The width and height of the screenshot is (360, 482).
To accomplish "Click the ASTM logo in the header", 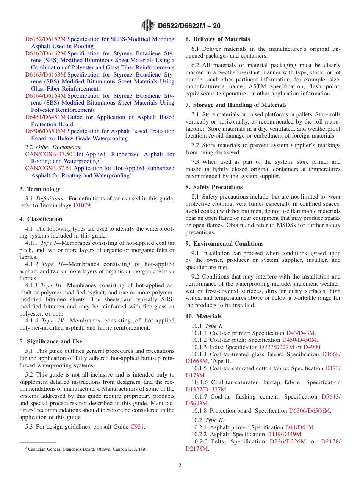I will point(148,25).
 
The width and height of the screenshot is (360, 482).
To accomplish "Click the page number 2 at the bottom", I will point(180,466).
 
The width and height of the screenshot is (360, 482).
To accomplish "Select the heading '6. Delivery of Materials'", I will point(218,39).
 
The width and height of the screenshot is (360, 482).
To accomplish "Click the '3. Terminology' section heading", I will point(40,189).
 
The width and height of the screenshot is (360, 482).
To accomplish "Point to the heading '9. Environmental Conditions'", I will point(224,244).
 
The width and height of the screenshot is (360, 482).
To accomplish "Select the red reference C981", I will point(137,427).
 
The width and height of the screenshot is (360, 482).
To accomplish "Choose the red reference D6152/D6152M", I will point(45,39).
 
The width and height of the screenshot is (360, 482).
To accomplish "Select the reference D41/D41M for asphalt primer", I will point(299,427).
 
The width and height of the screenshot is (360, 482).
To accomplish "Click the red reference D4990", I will point(312,347).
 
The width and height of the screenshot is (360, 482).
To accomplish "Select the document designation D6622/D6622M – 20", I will point(189,26).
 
